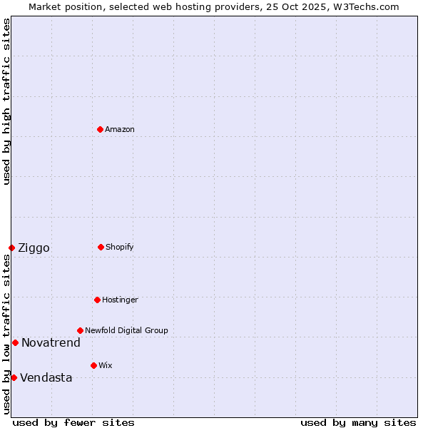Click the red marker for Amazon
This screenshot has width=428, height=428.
point(100,129)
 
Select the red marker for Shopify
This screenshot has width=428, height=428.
point(101,247)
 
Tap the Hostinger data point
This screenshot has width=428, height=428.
point(97,300)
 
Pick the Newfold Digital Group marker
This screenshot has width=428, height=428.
point(80,330)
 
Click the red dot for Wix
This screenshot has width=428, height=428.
point(93,365)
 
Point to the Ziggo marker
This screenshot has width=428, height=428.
point(11,248)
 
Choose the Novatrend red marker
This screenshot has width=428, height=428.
point(15,342)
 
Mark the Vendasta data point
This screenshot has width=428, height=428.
point(14,377)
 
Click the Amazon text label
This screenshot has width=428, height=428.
point(120,129)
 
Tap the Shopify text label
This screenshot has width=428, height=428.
point(120,247)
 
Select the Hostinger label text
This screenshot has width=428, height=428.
point(120,300)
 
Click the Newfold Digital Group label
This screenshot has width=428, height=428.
point(126,330)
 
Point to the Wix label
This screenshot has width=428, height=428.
point(106,365)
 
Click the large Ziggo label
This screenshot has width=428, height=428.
point(34,248)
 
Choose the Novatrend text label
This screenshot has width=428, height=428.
point(51,343)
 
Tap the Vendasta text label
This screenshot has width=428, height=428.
point(46,378)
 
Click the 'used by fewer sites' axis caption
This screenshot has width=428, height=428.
point(73,422)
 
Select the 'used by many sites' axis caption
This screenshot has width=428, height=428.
point(358,422)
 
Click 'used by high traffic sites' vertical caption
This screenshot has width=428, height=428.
point(6,102)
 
